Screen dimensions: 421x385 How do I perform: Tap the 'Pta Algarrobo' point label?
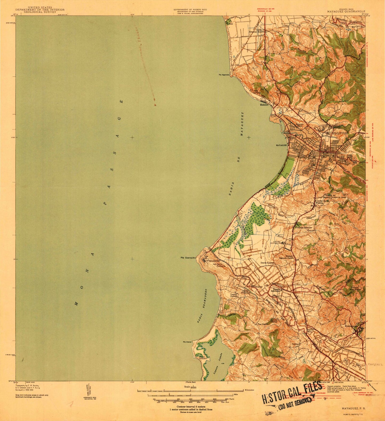224,75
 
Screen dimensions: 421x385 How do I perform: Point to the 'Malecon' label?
264,105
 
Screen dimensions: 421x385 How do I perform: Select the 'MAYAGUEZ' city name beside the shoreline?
281,146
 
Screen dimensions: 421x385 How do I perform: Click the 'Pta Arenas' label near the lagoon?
187,342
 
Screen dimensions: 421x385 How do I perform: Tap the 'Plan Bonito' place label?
263,324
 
